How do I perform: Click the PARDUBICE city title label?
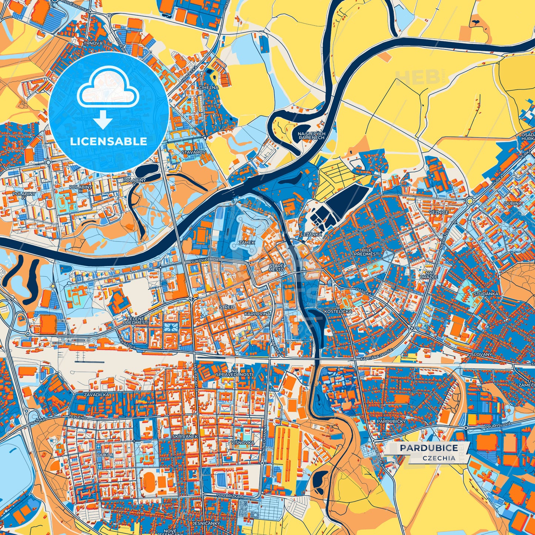click(x=429, y=448)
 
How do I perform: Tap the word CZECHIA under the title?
click(x=439, y=458)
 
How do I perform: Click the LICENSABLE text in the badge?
click(x=109, y=141)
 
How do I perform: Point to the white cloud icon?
click(x=108, y=87)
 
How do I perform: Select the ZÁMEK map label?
click(x=247, y=243)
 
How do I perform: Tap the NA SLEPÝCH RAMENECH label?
click(x=311, y=136)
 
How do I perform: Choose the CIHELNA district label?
click(x=209, y=88)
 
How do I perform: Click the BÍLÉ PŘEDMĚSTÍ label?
click(x=367, y=252)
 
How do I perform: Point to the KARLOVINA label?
click(x=257, y=314)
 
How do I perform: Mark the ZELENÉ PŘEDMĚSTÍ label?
click(x=136, y=320)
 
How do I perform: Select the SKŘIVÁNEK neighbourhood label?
click(x=185, y=437)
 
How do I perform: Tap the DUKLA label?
click(x=105, y=454)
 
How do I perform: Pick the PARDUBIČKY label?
click(x=391, y=421)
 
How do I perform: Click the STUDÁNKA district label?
click(x=486, y=293)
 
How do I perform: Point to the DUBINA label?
click(x=513, y=203)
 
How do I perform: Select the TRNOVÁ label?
click(x=93, y=43)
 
